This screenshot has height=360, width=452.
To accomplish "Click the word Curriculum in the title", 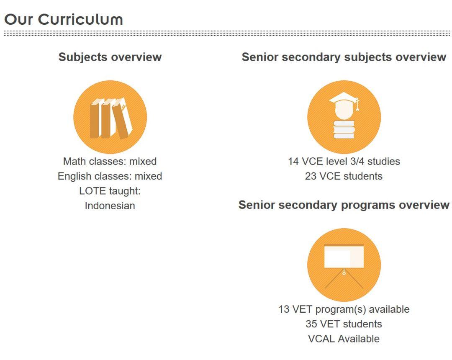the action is (80, 20).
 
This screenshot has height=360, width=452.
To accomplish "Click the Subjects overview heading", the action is (110, 57).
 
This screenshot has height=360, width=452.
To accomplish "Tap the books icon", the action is (110, 117).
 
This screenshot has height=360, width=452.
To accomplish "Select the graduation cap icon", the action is (344, 117).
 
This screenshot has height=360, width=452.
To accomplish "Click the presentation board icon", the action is (344, 265).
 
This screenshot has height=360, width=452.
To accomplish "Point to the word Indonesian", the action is (110, 206).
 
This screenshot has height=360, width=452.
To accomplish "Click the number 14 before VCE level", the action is (293, 162).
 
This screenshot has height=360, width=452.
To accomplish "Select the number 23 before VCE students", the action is (311, 176).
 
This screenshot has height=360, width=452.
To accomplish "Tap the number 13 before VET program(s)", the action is (284, 309).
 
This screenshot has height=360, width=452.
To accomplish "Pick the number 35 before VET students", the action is (311, 324).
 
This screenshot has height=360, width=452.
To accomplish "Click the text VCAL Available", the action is (344, 339).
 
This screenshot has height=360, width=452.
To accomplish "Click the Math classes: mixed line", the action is (110, 162).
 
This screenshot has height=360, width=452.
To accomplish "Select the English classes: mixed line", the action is (110, 176).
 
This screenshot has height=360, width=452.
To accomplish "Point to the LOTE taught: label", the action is (110, 191).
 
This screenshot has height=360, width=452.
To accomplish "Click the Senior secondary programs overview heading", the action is (344, 205).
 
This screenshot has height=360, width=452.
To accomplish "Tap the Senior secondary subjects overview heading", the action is (344, 57).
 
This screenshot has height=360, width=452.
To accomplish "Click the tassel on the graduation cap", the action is (357, 104).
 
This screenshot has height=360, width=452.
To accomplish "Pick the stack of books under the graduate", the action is (344, 129).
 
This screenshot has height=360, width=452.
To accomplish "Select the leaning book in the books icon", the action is (123, 118).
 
